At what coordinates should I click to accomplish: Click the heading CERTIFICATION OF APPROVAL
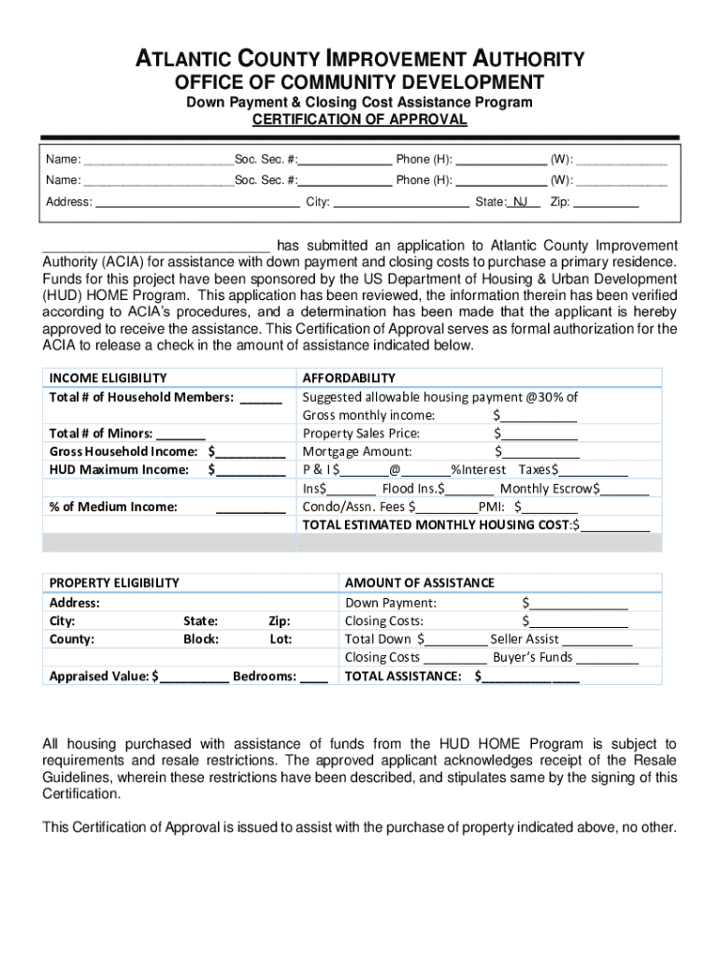coord(360,120)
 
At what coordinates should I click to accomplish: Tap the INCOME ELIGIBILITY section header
coord(108,378)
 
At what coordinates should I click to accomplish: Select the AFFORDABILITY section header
coord(349,378)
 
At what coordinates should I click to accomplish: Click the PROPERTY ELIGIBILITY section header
coord(114,582)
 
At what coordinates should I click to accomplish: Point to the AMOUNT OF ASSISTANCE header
coord(420,582)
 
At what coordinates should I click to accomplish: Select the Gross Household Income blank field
coord(250,451)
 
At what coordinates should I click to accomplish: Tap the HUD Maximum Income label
coord(119,469)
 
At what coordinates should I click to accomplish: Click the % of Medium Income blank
coord(250,507)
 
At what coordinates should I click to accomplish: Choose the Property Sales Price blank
coord(539,434)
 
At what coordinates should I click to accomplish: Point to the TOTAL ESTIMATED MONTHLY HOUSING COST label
coord(436,524)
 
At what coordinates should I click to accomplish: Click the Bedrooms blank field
coord(314,676)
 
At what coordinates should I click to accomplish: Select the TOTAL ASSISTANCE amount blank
coord(530,676)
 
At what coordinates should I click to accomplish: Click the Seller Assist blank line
coord(598,639)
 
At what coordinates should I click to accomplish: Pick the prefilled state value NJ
coord(520,202)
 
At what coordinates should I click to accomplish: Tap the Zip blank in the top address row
coord(606,202)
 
